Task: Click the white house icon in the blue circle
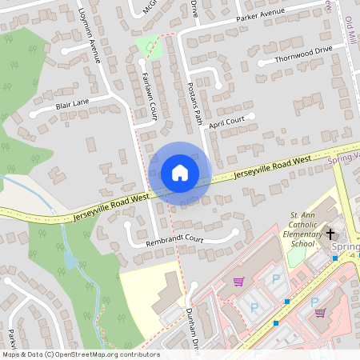click(x=179, y=173)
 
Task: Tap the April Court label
click(x=226, y=122)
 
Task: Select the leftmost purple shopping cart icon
click(x=238, y=282)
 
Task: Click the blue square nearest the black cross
click(x=334, y=258)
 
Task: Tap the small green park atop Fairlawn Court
click(x=149, y=46)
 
